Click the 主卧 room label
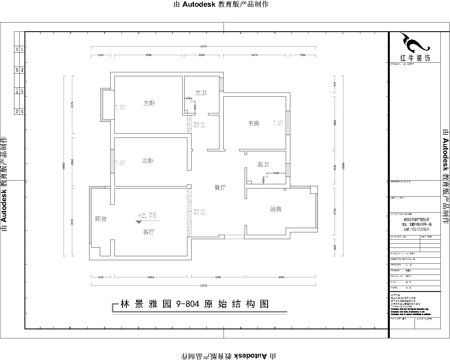(x=149, y=103)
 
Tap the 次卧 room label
(x=148, y=161)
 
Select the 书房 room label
(x=253, y=123)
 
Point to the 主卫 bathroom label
(x=201, y=93)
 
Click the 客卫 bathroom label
(x=263, y=165)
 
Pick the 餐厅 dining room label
(x=220, y=188)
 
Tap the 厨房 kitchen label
(x=276, y=209)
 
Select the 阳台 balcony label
(x=101, y=219)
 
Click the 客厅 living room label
(x=148, y=232)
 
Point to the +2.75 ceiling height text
(x=147, y=215)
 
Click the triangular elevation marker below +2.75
(x=139, y=222)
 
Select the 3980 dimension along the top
(x=148, y=55)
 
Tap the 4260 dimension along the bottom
(x=151, y=277)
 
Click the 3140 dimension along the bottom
(x=218, y=277)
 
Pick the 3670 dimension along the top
(x=254, y=55)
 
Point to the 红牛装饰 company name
(x=415, y=58)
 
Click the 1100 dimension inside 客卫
(x=276, y=173)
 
